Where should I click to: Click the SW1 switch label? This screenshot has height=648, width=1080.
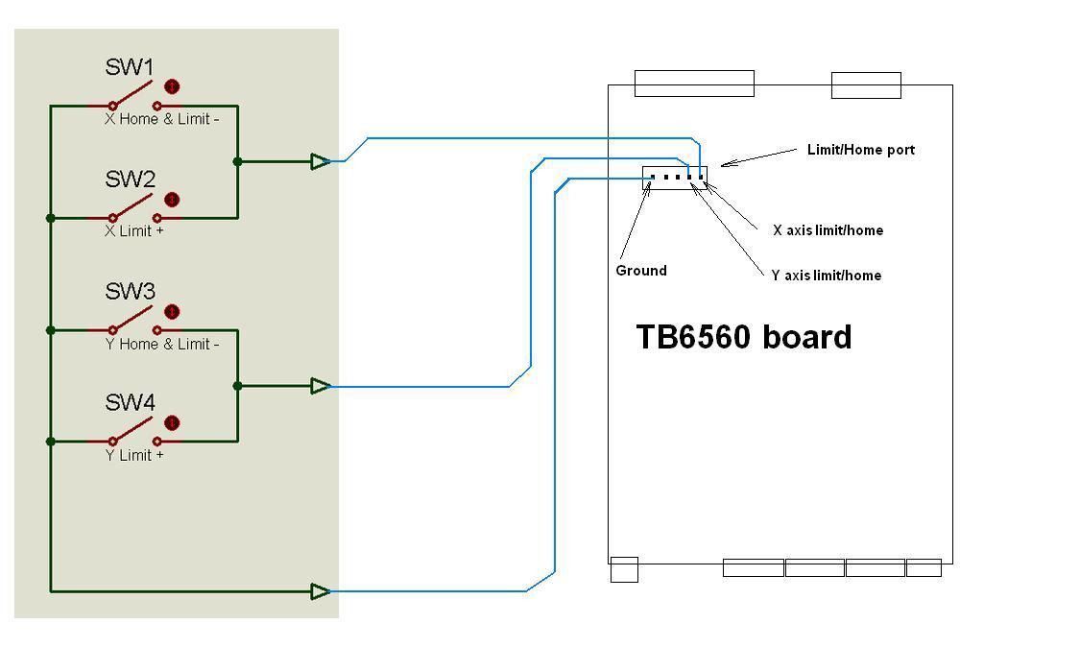coord(130,67)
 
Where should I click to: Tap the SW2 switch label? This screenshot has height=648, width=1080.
coord(130,180)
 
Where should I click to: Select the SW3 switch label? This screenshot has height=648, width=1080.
coord(130,292)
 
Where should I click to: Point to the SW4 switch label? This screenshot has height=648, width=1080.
coord(130,403)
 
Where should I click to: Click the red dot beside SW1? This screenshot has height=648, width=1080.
coord(172,87)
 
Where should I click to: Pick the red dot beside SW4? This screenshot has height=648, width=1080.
coord(172,423)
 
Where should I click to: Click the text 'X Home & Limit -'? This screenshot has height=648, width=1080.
coord(161,120)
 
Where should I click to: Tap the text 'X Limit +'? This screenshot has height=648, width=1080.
coord(134,231)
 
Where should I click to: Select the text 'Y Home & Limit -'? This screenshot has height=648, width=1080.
coord(161,344)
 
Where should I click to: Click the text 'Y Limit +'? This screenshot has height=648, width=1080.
coord(134,455)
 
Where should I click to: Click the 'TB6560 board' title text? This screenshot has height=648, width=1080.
coord(744,337)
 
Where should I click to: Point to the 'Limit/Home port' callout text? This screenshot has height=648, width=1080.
coord(860,150)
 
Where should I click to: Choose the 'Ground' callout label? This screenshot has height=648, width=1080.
coord(641,271)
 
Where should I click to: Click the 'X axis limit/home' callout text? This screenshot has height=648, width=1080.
coord(828,230)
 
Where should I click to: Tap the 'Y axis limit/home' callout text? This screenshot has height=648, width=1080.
coord(826,276)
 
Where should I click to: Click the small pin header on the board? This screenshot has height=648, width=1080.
coord(675,177)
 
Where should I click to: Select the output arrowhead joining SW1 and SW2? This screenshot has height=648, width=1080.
coord(321,161)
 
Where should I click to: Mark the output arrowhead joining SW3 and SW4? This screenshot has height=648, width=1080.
coord(321,386)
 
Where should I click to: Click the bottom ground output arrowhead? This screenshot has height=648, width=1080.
coord(321,591)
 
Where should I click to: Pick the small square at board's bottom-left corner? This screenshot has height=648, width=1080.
coord(624,569)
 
